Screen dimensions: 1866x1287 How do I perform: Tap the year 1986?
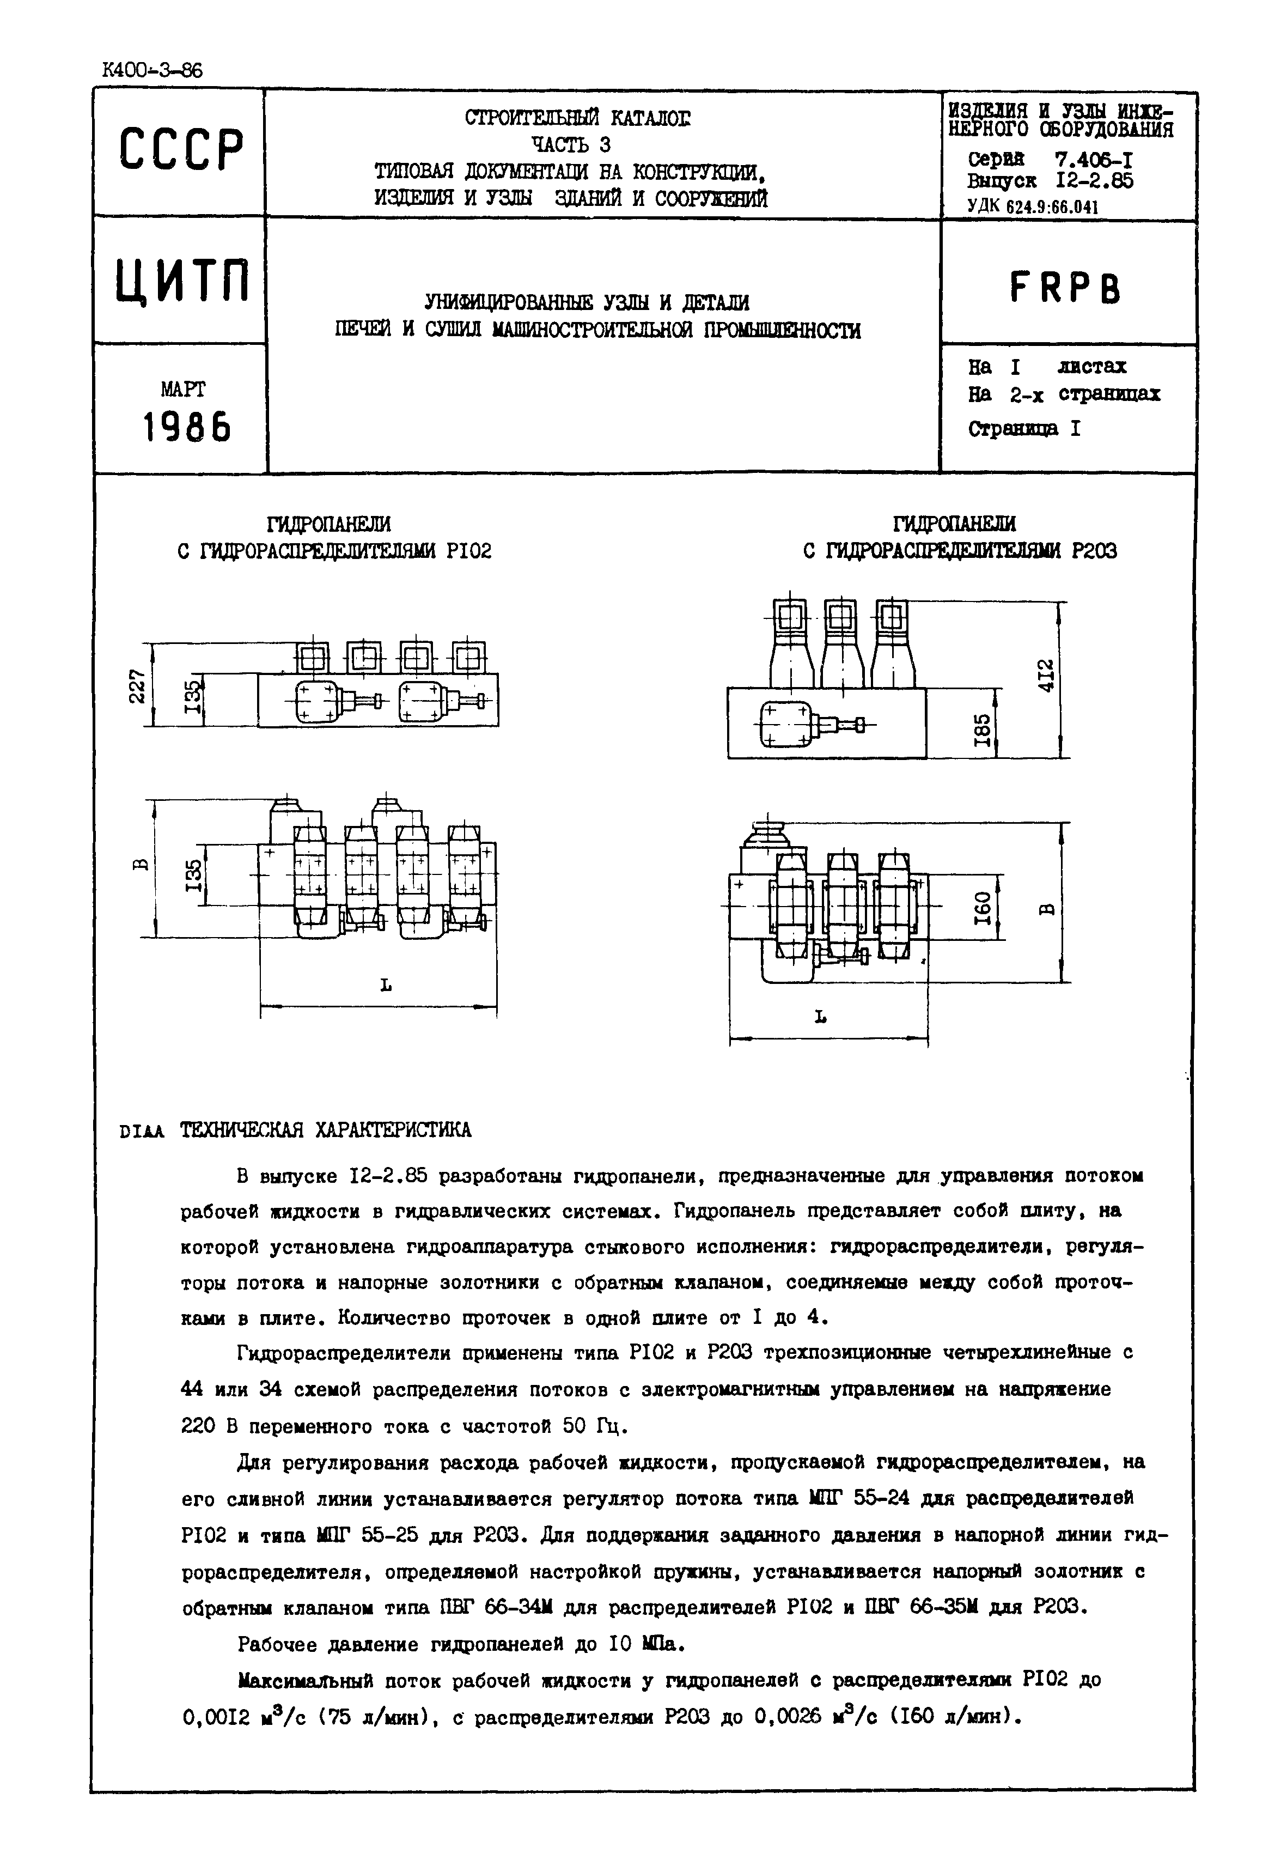(186, 427)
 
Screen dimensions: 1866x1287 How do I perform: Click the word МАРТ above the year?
(183, 390)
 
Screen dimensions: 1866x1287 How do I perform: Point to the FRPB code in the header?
(1064, 287)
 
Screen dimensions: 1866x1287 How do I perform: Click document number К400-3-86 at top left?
(153, 71)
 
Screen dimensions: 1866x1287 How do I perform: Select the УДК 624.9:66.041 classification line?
(1033, 206)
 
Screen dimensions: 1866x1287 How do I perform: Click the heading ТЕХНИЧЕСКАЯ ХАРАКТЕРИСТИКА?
(325, 1130)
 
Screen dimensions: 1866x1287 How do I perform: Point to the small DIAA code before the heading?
(141, 1132)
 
